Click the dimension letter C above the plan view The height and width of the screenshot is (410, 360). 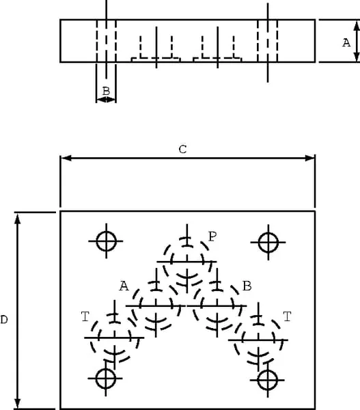(182, 149)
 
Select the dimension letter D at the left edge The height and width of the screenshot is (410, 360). (4, 320)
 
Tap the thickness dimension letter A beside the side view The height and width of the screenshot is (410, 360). (346, 42)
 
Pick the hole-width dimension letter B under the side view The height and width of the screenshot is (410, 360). (106, 92)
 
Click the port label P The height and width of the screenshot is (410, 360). (212, 236)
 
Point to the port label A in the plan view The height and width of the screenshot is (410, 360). (124, 286)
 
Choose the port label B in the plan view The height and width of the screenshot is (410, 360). (247, 286)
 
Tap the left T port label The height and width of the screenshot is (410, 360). (85, 316)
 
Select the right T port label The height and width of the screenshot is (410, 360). (287, 316)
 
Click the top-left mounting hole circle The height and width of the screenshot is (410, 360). (106, 232)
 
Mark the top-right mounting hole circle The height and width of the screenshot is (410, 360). (268, 233)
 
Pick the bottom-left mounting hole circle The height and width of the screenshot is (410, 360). (106, 369)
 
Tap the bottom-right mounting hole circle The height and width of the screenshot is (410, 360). (268, 370)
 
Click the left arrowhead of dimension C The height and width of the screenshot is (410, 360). (66, 159)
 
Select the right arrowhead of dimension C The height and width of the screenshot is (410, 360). (310, 159)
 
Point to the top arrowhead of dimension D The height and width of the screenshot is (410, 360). (18, 219)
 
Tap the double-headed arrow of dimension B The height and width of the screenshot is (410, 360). (106, 99)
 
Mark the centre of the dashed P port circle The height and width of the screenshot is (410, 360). (187, 262)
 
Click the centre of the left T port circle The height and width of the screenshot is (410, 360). (115, 338)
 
